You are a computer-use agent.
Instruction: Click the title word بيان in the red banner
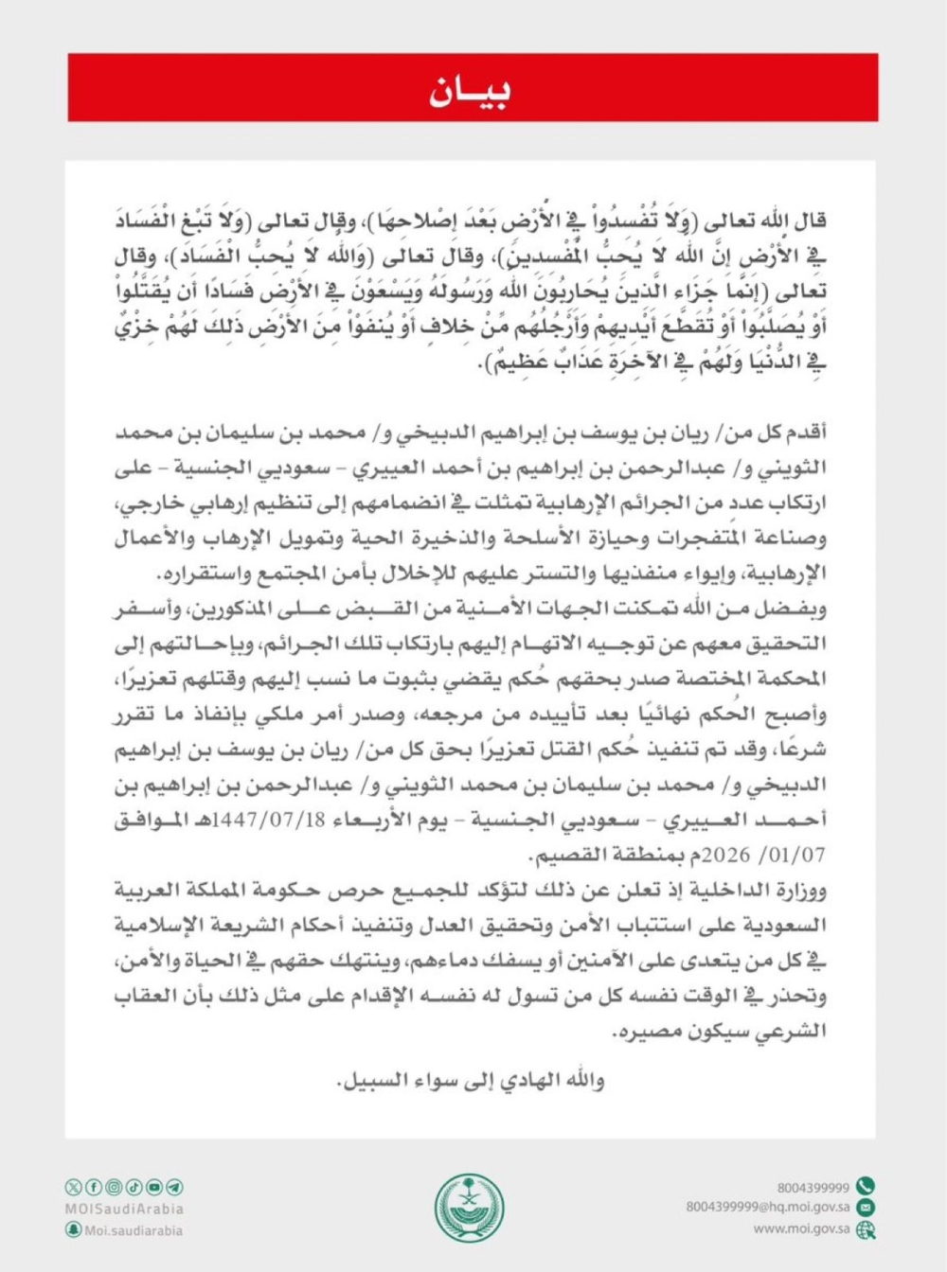471,90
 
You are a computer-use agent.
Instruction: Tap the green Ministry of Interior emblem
470,1209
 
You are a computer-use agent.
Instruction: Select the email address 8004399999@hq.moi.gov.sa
767,1208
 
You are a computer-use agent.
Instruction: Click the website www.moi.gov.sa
801,1228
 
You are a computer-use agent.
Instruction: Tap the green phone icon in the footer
866,1187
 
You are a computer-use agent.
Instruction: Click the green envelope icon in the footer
866,1208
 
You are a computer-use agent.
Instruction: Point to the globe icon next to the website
866,1229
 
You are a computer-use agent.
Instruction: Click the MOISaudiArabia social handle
124,1209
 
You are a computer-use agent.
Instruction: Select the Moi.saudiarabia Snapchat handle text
134,1230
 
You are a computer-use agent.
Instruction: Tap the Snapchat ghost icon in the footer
74,1229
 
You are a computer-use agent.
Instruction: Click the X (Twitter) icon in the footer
74,1187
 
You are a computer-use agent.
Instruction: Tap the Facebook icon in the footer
94,1187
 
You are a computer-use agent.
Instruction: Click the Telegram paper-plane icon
174,1187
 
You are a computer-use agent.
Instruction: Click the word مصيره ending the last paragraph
648,1032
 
